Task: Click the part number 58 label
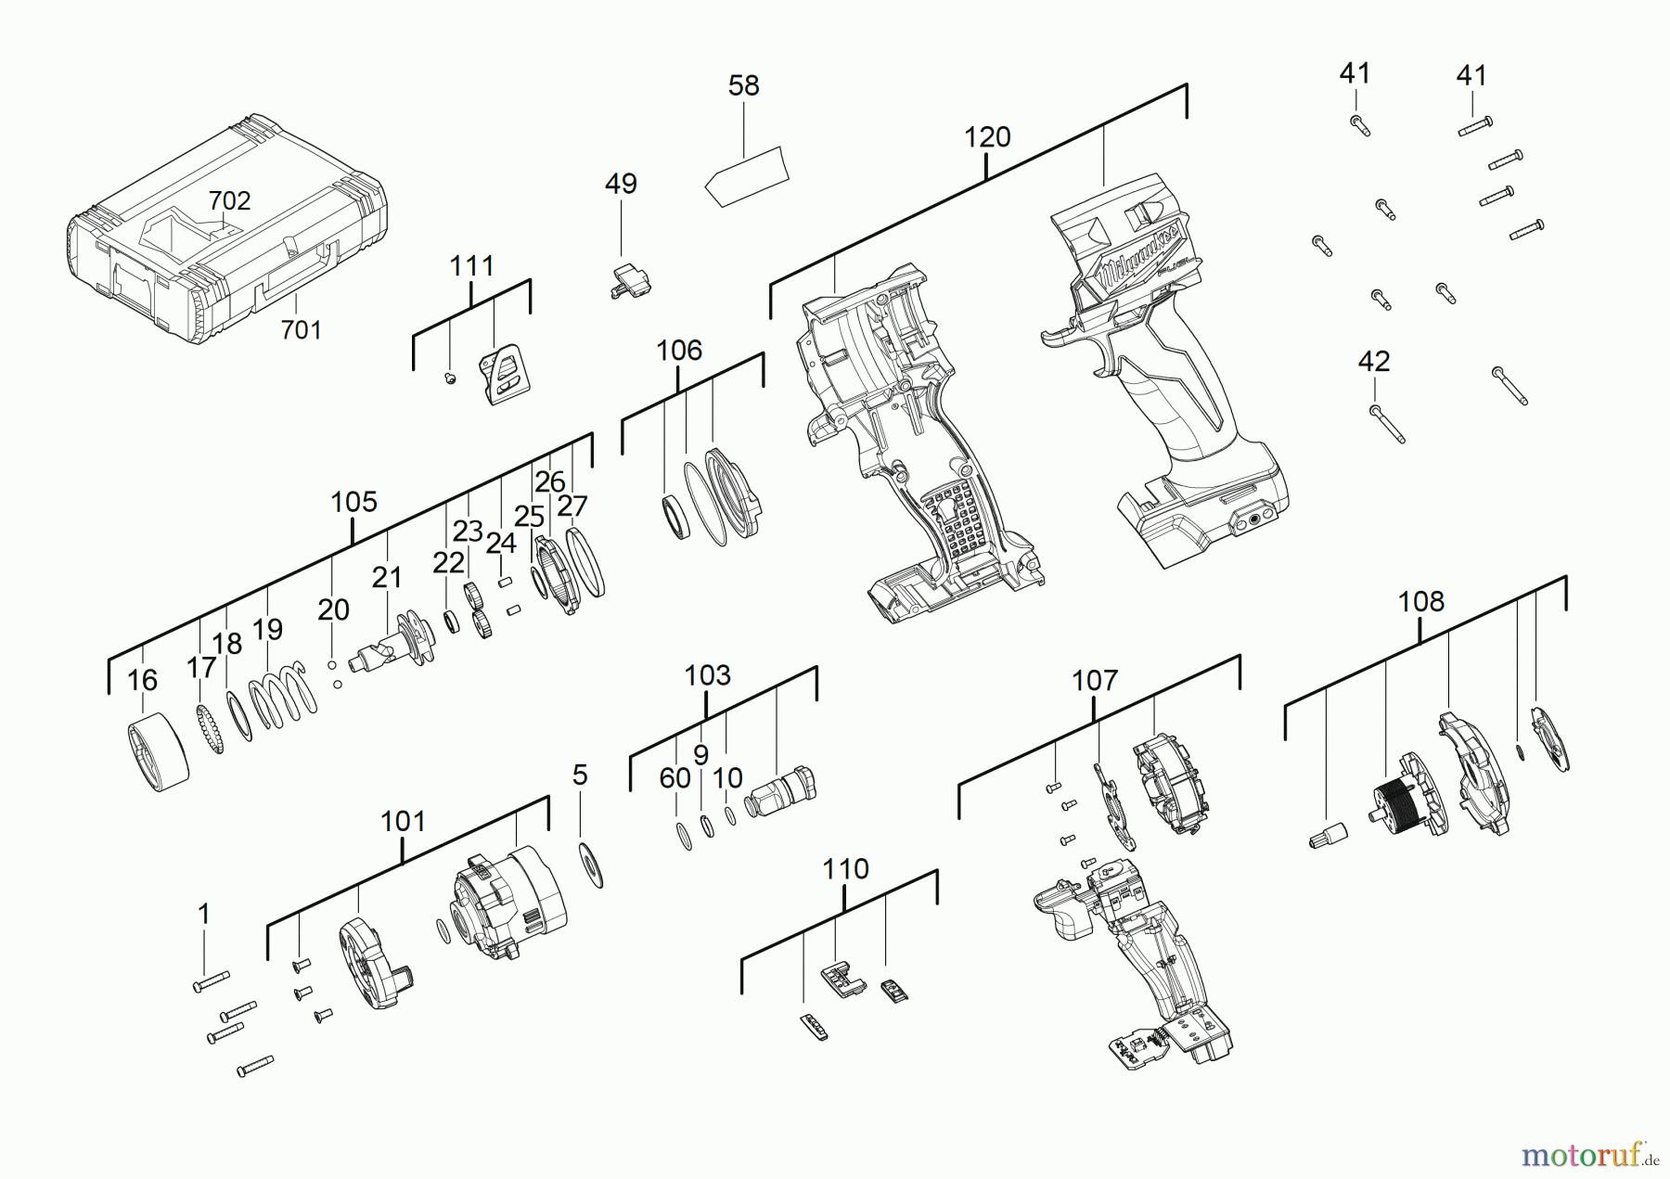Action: (743, 86)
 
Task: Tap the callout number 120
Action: (986, 138)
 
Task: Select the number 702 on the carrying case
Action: (229, 201)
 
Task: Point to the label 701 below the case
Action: (301, 330)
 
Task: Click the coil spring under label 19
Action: (282, 695)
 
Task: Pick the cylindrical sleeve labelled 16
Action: (158, 751)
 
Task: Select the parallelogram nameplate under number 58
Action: (747, 177)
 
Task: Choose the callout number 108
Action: (1420, 602)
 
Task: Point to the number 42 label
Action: (1373, 362)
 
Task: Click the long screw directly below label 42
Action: (1387, 424)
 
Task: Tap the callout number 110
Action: (845, 869)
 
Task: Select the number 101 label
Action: (403, 822)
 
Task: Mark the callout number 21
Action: (387, 578)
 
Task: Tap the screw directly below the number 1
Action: (211, 981)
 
